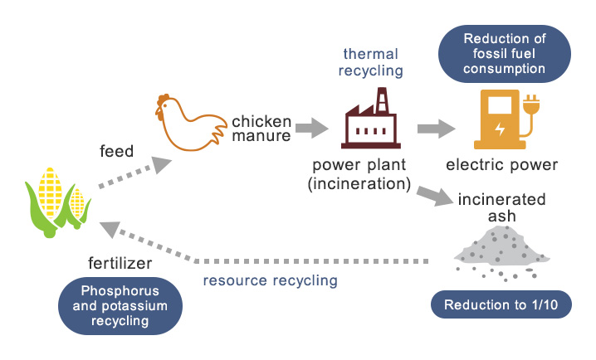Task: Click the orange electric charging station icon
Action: pos(504,119)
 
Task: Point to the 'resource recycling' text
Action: pos(271,280)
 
